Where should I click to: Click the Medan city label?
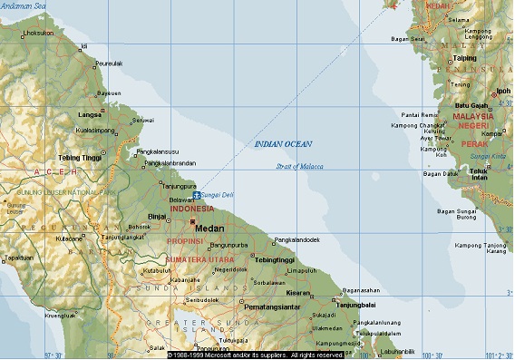(x=210, y=229)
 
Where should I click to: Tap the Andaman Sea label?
(x=27, y=6)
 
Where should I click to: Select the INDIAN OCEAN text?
(x=283, y=144)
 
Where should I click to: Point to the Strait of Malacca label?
(x=301, y=166)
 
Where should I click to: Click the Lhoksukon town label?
(x=38, y=33)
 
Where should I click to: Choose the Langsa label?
(x=91, y=115)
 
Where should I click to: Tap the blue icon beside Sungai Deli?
(x=197, y=194)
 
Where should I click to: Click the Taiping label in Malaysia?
(x=464, y=58)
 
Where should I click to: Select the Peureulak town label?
(x=109, y=64)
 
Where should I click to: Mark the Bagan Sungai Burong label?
(x=456, y=215)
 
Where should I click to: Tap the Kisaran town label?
(x=297, y=293)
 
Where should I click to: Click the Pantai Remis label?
(x=420, y=115)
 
